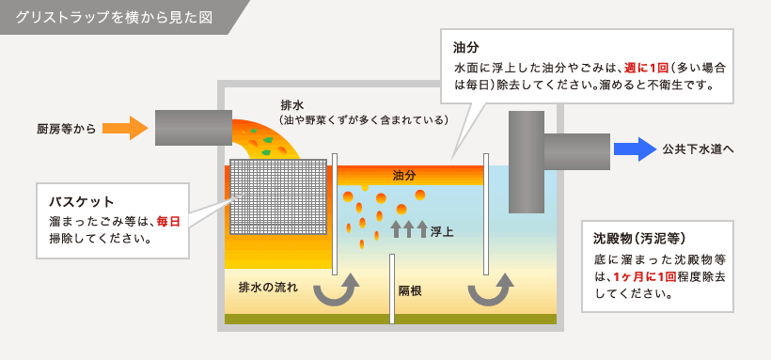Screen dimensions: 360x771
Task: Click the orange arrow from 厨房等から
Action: pos(124,127)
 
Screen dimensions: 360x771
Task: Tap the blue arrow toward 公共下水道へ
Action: pos(634,149)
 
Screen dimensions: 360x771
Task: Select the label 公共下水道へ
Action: pos(698,149)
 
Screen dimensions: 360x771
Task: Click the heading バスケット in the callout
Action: pos(82,201)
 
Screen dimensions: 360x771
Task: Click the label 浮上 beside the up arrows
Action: pos(442,230)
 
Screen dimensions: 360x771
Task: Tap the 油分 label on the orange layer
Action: pos(405,176)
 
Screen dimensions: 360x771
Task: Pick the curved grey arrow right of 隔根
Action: pos(494,290)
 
